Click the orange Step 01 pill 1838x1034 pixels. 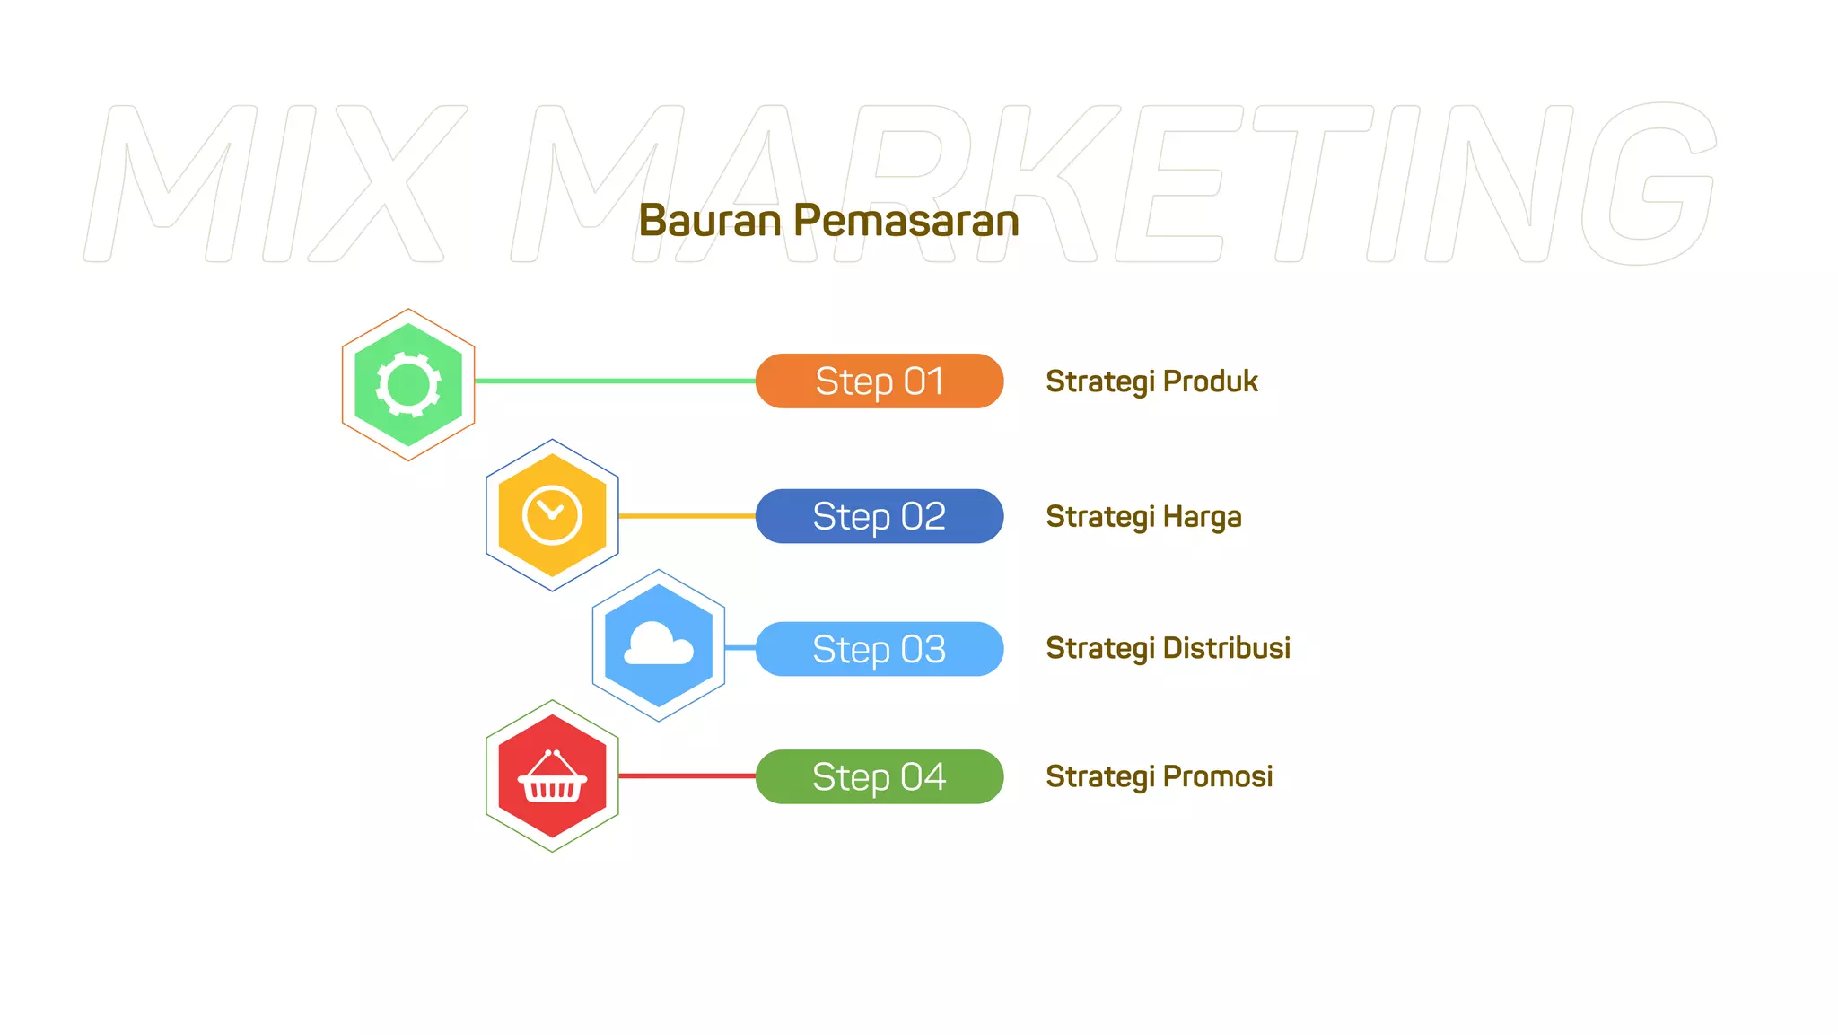(x=879, y=381)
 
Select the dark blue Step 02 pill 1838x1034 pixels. (x=879, y=516)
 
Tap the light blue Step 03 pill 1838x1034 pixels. (x=879, y=649)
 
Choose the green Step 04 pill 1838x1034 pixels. (x=879, y=776)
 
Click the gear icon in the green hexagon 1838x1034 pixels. (x=408, y=385)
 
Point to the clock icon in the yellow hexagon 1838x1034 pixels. (x=552, y=515)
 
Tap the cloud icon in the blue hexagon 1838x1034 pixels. (x=658, y=645)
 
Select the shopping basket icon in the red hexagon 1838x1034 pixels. (x=552, y=777)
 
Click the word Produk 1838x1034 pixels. (x=1211, y=381)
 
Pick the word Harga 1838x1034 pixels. (x=1202, y=517)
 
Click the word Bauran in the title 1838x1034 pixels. (x=710, y=221)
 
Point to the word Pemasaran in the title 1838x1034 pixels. (x=906, y=221)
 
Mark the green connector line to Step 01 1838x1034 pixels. (x=615, y=381)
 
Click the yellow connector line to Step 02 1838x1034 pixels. (x=687, y=516)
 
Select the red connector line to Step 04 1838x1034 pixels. (x=687, y=775)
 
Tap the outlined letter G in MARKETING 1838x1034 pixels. (x=1648, y=184)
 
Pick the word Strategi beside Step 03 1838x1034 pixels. (x=1098, y=649)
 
